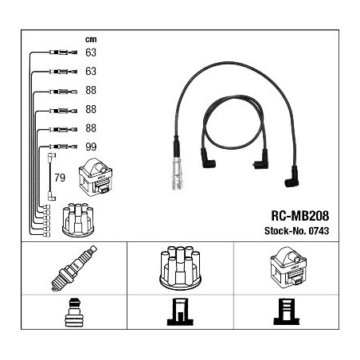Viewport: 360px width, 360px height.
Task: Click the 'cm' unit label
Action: click(91, 40)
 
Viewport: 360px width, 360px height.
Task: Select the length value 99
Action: click(91, 147)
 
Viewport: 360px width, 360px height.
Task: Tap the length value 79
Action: click(60, 178)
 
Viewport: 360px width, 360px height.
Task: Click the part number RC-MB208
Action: click(299, 216)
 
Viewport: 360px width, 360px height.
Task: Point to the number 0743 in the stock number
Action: click(319, 231)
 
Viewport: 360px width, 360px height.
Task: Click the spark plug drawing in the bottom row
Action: click(74, 268)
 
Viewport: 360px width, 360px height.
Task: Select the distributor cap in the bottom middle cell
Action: click(180, 268)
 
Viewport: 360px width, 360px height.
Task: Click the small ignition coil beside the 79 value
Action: click(96, 177)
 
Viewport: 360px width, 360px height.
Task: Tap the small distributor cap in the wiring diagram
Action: click(78, 220)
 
